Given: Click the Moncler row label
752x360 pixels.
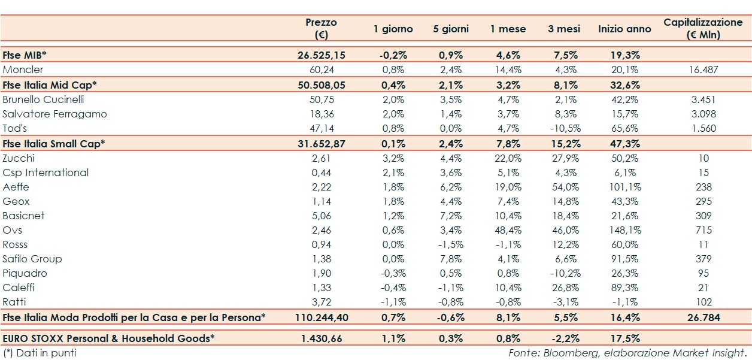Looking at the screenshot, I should point(23,69).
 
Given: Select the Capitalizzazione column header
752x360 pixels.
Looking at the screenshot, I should point(703,28).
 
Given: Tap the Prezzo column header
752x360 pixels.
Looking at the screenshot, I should point(321,28).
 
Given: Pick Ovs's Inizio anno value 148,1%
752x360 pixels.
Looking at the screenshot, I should point(624,230).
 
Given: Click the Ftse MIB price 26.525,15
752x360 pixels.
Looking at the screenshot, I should point(321,55).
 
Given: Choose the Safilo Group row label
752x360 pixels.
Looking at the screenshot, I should point(32,259).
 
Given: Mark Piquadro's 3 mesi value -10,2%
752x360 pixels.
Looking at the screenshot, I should point(562,273).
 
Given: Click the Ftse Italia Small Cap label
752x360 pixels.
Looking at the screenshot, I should point(54,144).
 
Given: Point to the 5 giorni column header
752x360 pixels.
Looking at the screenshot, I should point(451,29).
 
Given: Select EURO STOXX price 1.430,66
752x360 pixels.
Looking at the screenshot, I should point(321,338).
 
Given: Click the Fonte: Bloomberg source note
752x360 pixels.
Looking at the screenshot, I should point(628,353).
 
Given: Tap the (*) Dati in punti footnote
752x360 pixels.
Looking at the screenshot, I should point(40,353).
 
